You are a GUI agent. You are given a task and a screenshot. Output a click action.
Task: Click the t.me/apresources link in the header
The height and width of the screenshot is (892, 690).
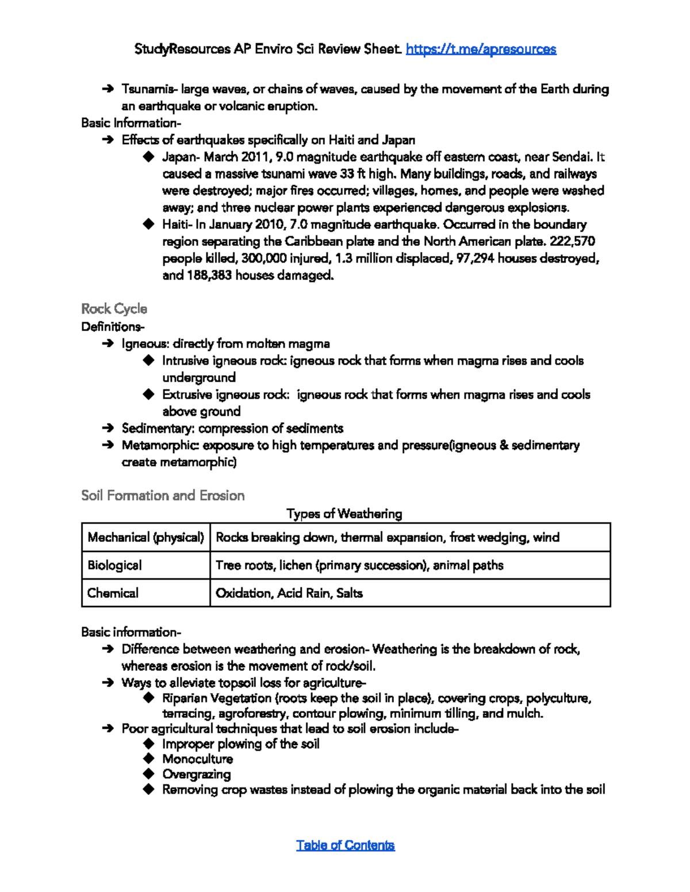(x=481, y=49)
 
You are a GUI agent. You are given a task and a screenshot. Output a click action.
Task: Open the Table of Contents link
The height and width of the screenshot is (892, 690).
(x=345, y=845)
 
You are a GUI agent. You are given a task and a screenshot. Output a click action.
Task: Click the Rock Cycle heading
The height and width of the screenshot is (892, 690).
(x=114, y=309)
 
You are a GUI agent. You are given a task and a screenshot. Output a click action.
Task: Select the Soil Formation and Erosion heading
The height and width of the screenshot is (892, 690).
(x=163, y=496)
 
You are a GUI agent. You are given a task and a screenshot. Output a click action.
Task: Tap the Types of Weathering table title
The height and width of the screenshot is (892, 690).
(x=344, y=513)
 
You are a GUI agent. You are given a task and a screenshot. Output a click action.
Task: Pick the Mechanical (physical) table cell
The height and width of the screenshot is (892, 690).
(x=145, y=538)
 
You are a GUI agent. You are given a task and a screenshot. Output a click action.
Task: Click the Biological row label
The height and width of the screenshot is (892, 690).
(x=114, y=565)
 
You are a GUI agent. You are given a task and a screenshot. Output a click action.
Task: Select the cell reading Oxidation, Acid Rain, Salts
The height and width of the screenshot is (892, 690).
(x=289, y=593)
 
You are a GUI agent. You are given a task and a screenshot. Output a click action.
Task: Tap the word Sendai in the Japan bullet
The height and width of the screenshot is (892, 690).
(x=571, y=157)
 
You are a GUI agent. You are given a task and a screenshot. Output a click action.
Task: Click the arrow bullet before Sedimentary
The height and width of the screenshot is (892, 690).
(x=108, y=428)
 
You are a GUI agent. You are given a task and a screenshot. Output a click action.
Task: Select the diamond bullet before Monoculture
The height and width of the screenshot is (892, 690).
(x=149, y=759)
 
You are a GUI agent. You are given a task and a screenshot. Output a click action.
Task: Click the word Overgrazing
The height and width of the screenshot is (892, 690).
(x=196, y=774)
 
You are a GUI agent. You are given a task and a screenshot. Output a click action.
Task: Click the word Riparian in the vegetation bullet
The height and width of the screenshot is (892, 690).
(x=185, y=698)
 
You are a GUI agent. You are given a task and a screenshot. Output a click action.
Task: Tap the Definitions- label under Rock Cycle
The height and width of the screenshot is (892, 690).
(x=113, y=327)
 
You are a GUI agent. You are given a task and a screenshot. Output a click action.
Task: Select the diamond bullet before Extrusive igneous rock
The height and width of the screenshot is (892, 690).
(x=149, y=395)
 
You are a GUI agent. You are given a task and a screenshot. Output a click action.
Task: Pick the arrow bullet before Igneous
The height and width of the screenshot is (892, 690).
(x=108, y=344)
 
